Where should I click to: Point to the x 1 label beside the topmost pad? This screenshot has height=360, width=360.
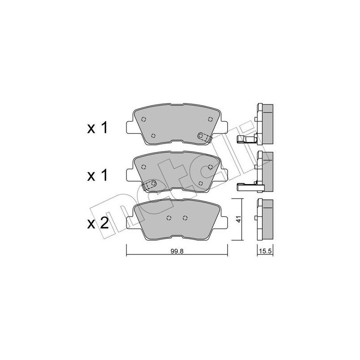point(98,128)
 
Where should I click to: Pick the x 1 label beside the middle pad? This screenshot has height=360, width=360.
point(98,175)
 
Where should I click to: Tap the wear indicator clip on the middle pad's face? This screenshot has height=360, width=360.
point(150,184)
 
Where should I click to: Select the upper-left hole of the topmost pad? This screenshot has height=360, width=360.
point(144,119)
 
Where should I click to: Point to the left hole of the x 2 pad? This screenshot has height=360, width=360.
point(169,219)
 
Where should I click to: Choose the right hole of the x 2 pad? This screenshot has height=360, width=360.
point(185,219)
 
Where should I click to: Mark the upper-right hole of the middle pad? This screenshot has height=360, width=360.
point(211,166)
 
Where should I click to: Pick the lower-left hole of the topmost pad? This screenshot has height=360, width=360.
point(154,135)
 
